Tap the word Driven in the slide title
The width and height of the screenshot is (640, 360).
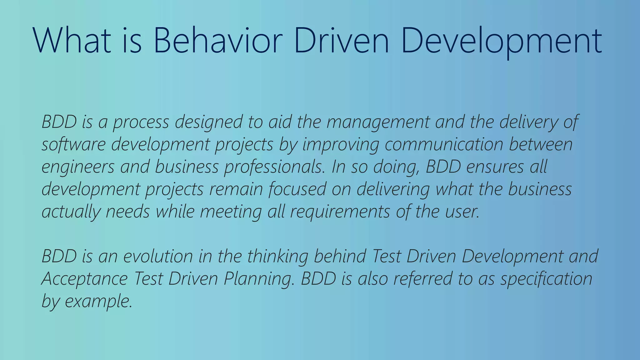[x=342, y=41]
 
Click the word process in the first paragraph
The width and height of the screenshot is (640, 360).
[x=141, y=122]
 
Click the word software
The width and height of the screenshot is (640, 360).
[x=74, y=144]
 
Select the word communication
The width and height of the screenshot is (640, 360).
[x=444, y=144]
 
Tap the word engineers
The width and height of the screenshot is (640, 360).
[x=78, y=167]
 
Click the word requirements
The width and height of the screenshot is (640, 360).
[x=340, y=212]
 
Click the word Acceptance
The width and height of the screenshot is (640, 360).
[x=85, y=278]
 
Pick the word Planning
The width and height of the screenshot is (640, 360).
[x=259, y=278]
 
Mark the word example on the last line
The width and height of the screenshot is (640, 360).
[x=98, y=301]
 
